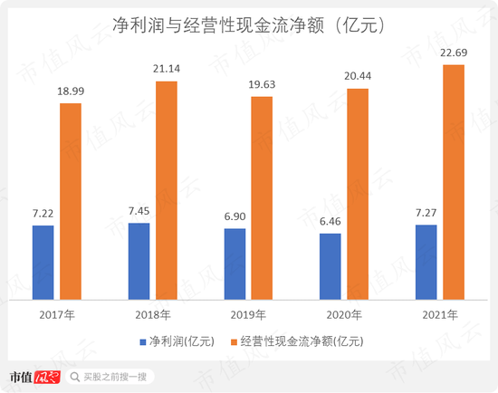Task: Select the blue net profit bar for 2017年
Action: pyautogui.click(x=43, y=262)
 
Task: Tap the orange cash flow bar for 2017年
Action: pyautogui.click(x=71, y=200)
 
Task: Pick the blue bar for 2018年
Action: pyautogui.click(x=139, y=260)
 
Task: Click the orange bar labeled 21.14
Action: pyautogui.click(x=167, y=189)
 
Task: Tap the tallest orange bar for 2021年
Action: pyautogui.click(x=454, y=181)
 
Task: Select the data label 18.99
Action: pyautogui.click(x=71, y=92)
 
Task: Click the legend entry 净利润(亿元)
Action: pyautogui.click(x=171, y=341)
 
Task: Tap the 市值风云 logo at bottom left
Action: pyautogui.click(x=34, y=376)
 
